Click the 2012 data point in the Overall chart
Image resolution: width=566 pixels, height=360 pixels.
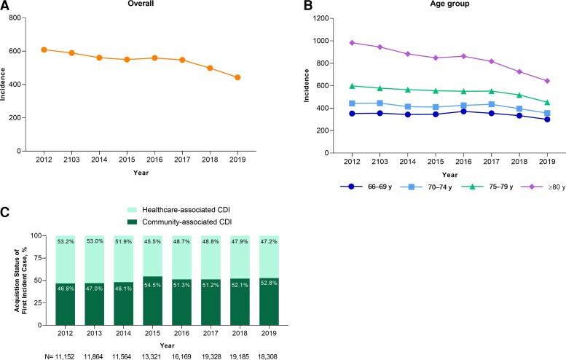[44, 50]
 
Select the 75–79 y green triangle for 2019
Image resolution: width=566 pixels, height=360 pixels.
[547, 103]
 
